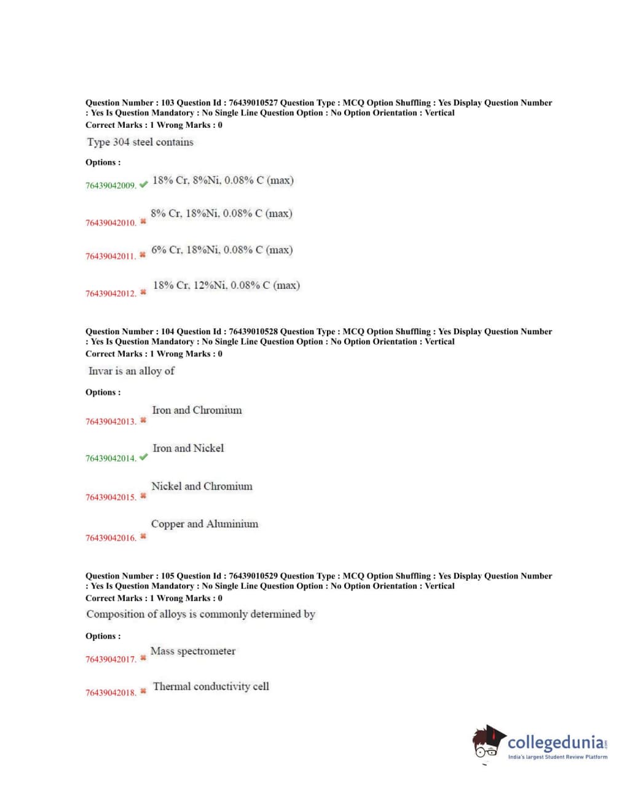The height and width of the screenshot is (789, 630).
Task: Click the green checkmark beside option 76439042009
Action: tap(143, 184)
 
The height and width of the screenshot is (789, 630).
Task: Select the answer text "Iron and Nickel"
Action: tap(188, 449)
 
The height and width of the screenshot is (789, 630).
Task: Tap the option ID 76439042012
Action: tap(111, 294)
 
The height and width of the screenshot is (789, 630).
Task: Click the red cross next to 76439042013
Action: tap(143, 421)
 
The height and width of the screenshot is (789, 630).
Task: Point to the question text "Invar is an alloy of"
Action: tap(132, 371)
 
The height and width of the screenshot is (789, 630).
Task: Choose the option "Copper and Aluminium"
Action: tap(205, 524)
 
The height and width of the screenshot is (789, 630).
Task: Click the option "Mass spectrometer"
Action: tap(193, 651)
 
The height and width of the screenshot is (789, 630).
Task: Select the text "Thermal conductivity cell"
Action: tap(211, 686)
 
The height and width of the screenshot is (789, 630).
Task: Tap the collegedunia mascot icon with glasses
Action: tap(488, 742)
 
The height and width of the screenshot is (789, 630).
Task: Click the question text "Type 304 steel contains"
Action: tap(140, 142)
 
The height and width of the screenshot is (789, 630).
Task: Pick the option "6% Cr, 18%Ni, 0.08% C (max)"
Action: tap(222, 250)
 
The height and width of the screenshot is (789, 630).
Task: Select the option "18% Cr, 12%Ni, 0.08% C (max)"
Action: tap(226, 286)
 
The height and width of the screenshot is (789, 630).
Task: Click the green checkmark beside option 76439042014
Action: tap(143, 457)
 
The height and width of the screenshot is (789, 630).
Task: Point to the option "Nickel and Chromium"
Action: tap(202, 487)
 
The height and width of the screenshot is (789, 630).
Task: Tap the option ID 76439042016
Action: tap(111, 538)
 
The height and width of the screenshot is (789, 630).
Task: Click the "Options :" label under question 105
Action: tap(103, 636)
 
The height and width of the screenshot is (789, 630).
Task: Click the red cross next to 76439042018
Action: tap(143, 691)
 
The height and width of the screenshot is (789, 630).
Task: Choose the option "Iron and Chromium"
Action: tap(197, 410)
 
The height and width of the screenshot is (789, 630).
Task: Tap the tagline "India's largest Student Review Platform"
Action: tap(557, 757)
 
